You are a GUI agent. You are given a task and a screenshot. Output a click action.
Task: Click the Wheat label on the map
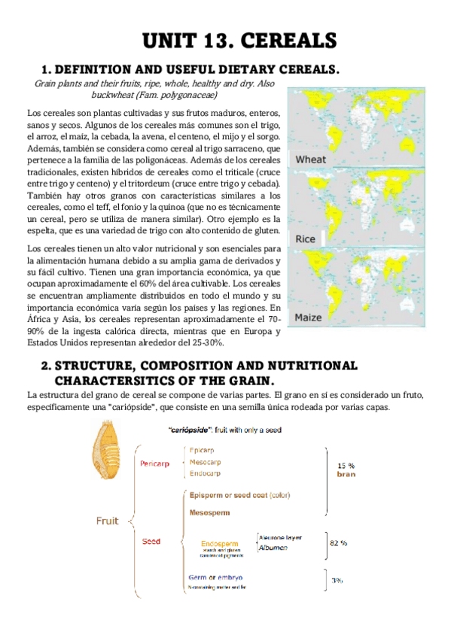click(x=310, y=159)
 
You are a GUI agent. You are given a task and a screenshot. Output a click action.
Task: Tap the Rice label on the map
click(x=306, y=238)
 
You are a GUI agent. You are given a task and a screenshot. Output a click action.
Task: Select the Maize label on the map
click(x=309, y=317)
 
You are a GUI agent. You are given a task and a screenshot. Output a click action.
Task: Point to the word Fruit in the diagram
click(x=110, y=520)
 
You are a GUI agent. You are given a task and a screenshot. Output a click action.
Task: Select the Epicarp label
click(x=203, y=450)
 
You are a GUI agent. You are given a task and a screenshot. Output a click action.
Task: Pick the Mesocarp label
click(x=206, y=461)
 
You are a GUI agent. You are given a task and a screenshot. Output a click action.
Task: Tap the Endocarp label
click(x=206, y=473)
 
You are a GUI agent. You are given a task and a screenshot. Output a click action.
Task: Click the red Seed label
click(x=151, y=541)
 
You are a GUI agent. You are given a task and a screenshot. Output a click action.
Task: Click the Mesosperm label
click(x=210, y=512)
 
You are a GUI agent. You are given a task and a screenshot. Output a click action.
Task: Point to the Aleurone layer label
click(x=281, y=538)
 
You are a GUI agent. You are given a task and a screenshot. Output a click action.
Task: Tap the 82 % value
click(x=339, y=542)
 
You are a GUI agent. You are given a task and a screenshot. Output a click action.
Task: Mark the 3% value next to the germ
click(x=337, y=580)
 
